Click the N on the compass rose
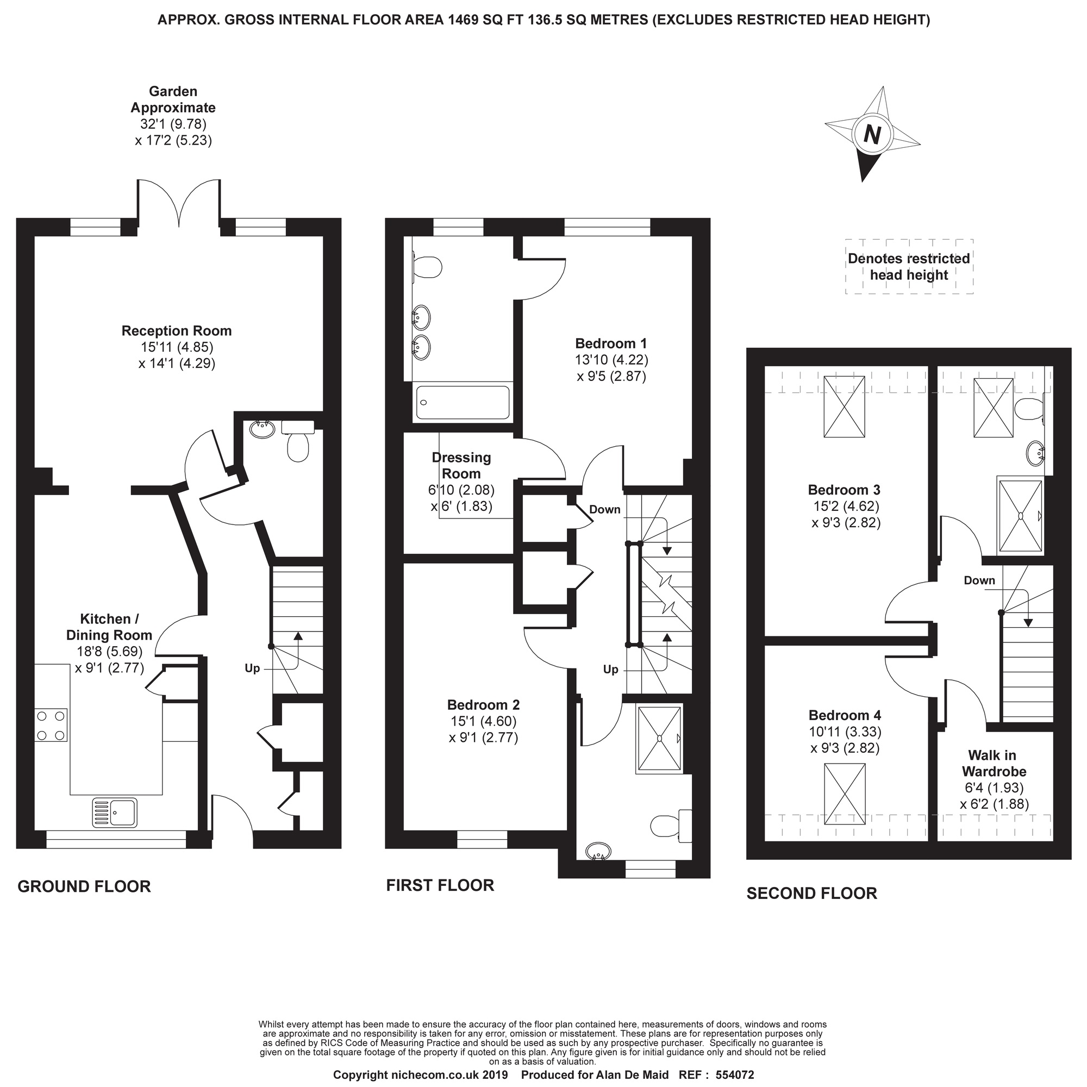(872, 135)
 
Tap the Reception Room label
(177, 331)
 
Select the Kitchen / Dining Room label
(109, 627)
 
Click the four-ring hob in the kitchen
(51, 724)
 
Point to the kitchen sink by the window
(114, 813)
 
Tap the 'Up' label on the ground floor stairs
(252, 669)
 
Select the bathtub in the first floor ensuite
(463, 402)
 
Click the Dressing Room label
(461, 465)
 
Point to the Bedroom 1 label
(611, 343)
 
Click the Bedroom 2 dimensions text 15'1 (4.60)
(483, 721)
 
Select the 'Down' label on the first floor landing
(605, 509)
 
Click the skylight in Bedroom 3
(844, 406)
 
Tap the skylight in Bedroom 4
(845, 794)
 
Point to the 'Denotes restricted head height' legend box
(909, 267)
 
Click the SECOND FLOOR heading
(811, 893)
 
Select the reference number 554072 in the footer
(735, 1075)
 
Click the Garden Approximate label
(173, 99)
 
